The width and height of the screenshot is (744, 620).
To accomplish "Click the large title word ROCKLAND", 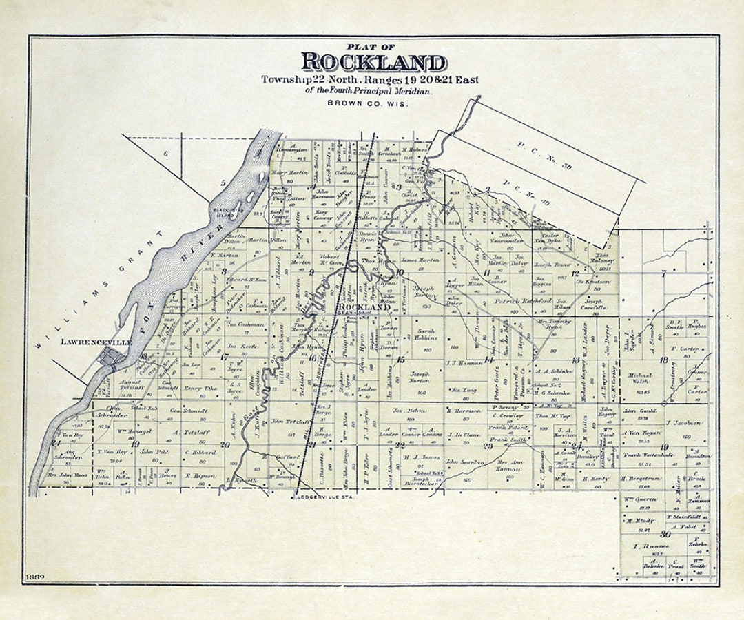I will click(x=373, y=62).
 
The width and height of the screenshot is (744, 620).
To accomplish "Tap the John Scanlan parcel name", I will click(x=463, y=462).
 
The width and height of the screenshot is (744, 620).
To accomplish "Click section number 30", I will click(x=665, y=534).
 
